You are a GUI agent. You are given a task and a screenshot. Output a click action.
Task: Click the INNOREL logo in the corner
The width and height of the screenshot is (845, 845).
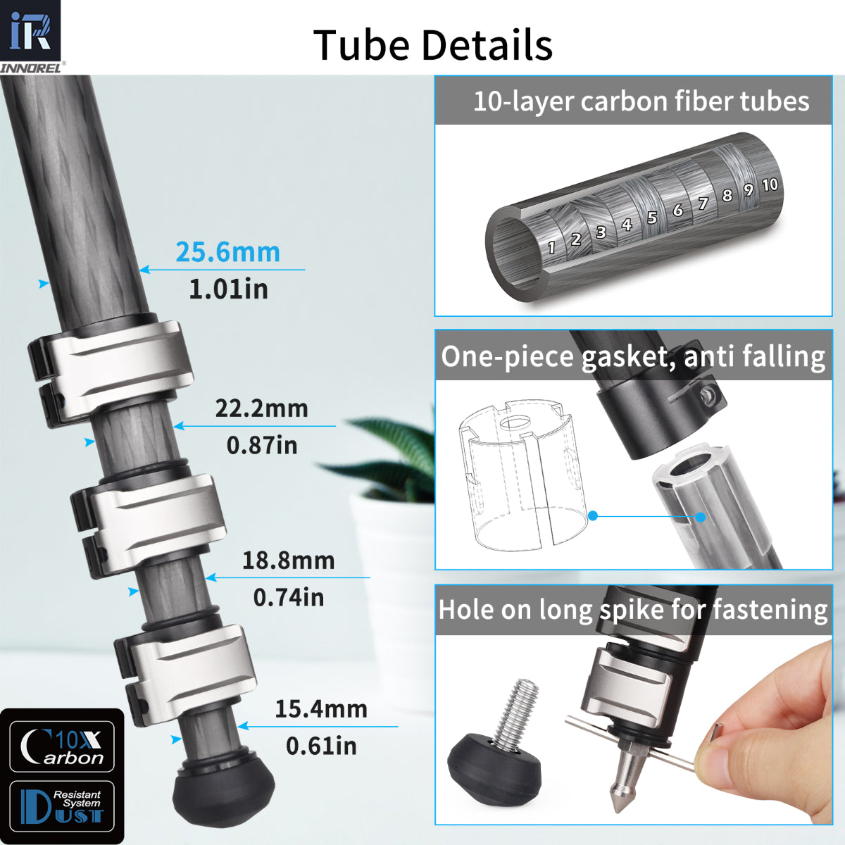pos(32,35)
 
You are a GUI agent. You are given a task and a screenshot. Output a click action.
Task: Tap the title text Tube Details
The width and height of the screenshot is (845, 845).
pos(432,45)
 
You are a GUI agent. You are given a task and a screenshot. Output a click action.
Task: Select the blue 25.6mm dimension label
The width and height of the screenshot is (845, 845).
pos(227,252)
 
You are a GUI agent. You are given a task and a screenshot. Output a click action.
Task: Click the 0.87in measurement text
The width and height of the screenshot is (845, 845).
pos(261,445)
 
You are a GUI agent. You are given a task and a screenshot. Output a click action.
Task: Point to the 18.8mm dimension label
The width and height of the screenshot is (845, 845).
pos(288,561)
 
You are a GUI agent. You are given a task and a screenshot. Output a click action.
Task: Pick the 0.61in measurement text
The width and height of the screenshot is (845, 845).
pos(320,746)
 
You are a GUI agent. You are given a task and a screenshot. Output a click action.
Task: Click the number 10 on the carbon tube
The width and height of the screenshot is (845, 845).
pos(770,184)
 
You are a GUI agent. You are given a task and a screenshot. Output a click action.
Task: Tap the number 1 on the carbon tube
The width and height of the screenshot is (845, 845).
pos(551,247)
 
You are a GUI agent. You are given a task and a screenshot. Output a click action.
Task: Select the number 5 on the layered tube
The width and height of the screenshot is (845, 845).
pos(652,218)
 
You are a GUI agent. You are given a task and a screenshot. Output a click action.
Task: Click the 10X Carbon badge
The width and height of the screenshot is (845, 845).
pos(62,747)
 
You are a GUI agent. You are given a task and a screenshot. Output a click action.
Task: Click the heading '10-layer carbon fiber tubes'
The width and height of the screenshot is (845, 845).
pos(640,101)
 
